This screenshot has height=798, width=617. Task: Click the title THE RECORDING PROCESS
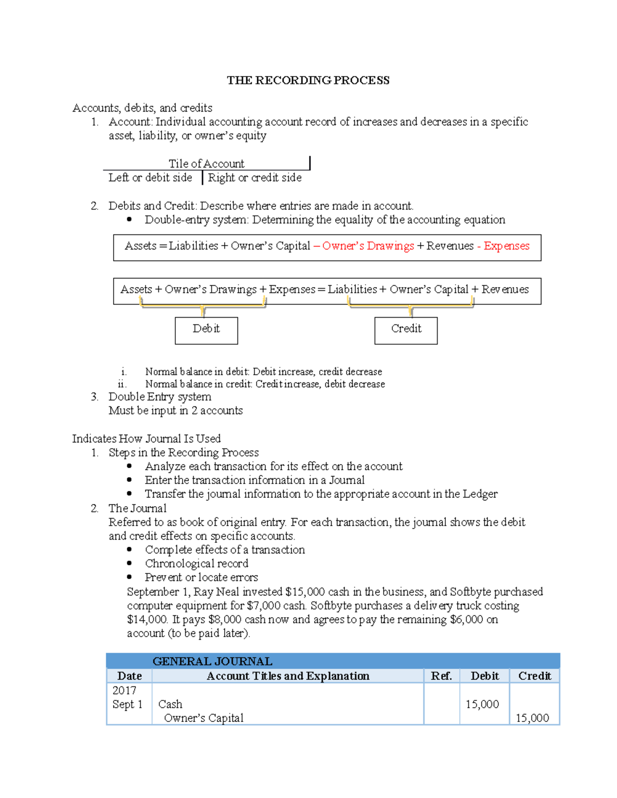pos(308,80)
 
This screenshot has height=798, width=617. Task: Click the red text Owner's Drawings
pos(368,246)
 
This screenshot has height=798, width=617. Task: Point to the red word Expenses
pos(506,246)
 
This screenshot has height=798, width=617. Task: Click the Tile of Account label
pos(206,163)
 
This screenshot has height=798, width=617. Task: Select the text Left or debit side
pos(150,178)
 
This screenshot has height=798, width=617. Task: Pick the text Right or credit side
pos(255,178)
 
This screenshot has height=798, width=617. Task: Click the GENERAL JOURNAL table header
pos(212,661)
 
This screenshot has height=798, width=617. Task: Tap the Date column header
pos(130,676)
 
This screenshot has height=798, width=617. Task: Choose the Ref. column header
pos(441,676)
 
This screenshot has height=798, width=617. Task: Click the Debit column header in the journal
pos(484,676)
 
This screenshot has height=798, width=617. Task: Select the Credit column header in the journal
pos(534,676)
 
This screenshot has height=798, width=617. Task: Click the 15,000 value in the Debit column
pos(482,704)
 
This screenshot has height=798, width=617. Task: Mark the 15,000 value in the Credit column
pos(532,718)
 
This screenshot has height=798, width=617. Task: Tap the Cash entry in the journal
pos(170,704)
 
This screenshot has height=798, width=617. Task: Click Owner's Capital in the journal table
pos(204,718)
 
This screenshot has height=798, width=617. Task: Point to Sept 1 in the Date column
pos(128,704)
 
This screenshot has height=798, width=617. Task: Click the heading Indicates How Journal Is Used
pos(147,439)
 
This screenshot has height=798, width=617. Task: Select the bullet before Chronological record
pos(130,564)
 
